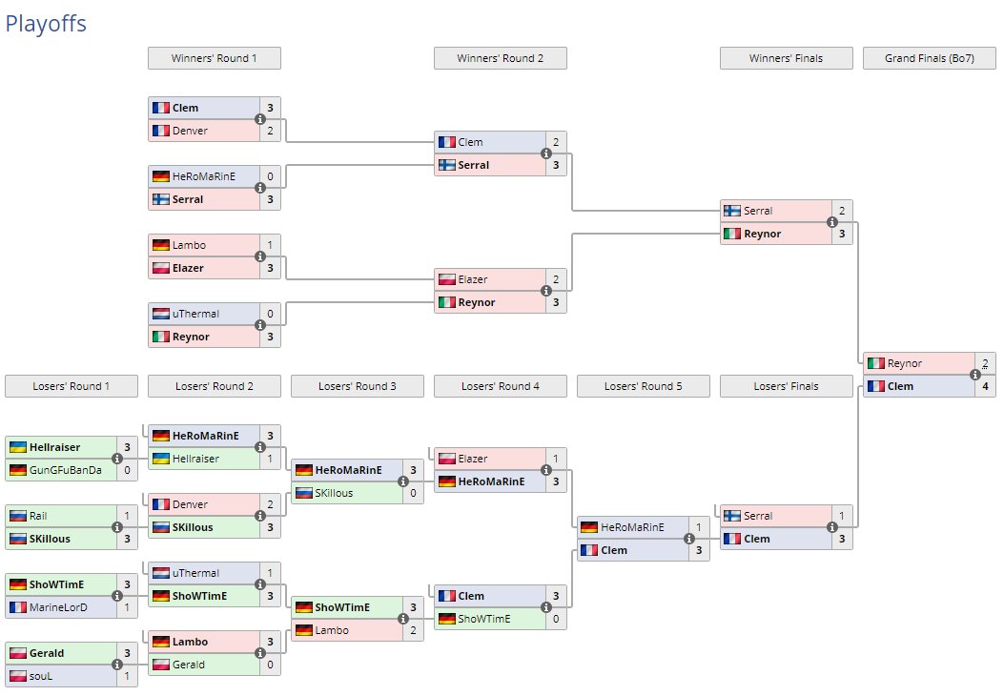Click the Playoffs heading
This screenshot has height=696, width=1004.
coord(46,24)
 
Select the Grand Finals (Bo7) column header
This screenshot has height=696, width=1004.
coord(929,58)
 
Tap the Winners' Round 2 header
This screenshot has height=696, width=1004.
coord(500,58)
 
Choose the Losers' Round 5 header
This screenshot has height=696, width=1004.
coord(643,386)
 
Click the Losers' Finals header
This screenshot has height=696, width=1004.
coord(786,386)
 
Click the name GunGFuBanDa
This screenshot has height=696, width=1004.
coord(65,470)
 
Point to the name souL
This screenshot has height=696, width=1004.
coord(42,676)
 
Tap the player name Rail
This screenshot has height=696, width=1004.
coord(39,516)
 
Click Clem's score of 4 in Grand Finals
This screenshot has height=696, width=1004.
coord(985,386)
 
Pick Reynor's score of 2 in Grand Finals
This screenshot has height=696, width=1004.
coord(985,363)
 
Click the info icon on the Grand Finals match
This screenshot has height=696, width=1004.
coord(974,375)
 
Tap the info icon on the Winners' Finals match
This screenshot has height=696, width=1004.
coord(831,222)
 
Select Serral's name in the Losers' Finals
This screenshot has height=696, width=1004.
coord(758,516)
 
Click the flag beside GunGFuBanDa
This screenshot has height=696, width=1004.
coord(17,470)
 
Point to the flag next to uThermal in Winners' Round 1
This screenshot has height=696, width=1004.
coord(160,314)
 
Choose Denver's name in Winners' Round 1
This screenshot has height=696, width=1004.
coord(190,131)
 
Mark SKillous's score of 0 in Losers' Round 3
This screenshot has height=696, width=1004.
coord(413,493)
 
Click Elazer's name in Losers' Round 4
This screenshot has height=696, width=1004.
coord(473,459)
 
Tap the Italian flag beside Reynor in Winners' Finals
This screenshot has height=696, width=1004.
coord(732,234)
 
